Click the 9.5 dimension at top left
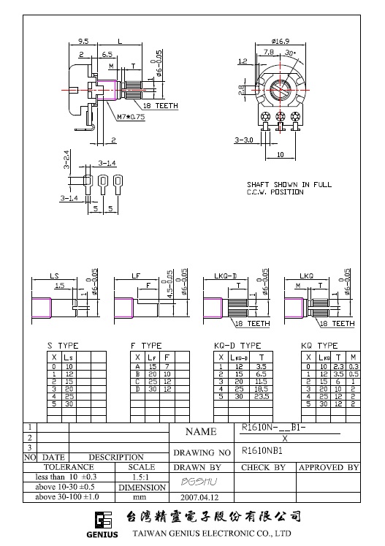[x=84, y=42]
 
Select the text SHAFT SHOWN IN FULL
[x=289, y=185]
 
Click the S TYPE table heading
[x=64, y=345]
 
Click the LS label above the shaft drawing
[x=54, y=276]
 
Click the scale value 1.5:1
[x=141, y=477]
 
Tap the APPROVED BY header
[x=328, y=467]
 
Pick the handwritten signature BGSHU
[x=195, y=482]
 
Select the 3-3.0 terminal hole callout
[x=244, y=139]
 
